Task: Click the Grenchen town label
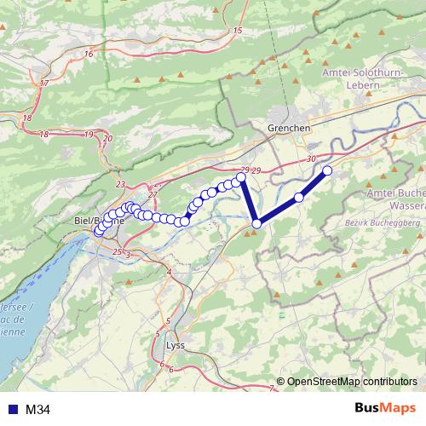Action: [289, 127]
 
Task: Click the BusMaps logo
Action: [385, 408]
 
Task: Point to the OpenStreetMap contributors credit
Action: [351, 381]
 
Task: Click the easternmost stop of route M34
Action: [327, 171]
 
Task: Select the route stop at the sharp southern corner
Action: [256, 224]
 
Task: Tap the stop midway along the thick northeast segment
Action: [299, 198]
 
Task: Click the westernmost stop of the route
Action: [99, 231]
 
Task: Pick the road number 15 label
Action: [237, 31]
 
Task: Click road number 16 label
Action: [89, 54]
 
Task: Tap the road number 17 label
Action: [43, 83]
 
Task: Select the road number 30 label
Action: [309, 158]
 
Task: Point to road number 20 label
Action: [106, 138]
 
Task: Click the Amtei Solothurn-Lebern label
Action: [369, 80]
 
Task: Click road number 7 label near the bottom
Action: [271, 389]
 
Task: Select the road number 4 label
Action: [169, 271]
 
